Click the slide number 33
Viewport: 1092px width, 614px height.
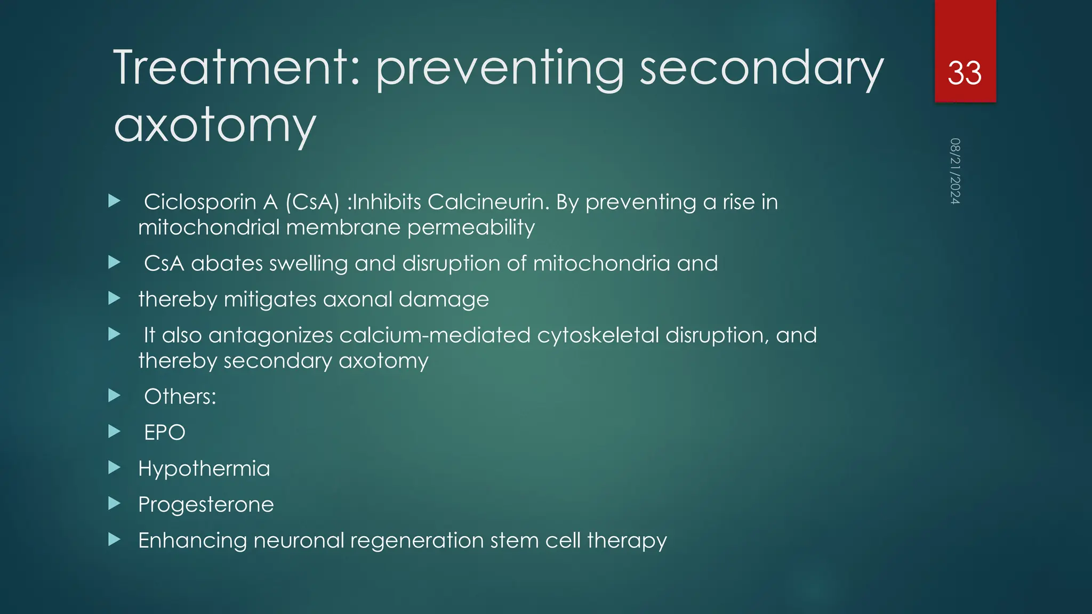965,73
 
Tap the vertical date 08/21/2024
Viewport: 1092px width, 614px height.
955,171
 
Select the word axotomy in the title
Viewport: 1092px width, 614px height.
215,125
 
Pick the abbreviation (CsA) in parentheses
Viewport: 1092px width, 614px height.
312,202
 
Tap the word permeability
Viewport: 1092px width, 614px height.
471,228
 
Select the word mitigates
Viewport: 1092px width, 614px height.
270,299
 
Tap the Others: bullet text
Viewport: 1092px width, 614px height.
180,397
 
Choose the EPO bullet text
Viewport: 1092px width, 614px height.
165,432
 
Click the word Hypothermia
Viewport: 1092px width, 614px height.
204,468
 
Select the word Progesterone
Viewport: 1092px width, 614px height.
206,504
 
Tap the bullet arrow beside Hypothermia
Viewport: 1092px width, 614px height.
114,468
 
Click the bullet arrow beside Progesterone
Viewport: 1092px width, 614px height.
114,504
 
